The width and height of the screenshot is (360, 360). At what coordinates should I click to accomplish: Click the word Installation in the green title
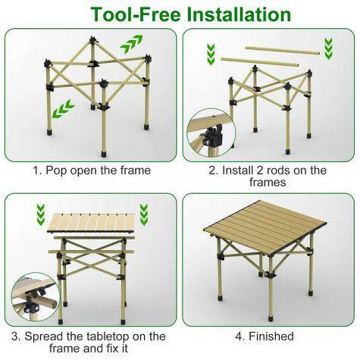click(x=239, y=14)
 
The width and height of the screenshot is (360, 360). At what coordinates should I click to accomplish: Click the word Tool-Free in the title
click(x=136, y=14)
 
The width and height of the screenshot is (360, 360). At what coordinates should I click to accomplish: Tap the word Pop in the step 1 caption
click(x=56, y=171)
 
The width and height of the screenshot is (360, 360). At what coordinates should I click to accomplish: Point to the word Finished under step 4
click(x=271, y=337)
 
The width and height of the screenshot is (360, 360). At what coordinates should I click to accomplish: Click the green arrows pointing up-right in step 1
click(x=131, y=44)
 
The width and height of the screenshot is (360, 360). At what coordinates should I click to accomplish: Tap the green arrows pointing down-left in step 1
click(x=63, y=109)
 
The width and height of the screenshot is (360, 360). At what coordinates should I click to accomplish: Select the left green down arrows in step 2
click(x=211, y=54)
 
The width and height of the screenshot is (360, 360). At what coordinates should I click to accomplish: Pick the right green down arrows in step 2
click(x=328, y=49)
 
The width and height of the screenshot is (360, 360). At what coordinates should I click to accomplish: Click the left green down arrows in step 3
click(x=41, y=214)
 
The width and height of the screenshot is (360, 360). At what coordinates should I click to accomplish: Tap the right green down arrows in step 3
click(x=144, y=214)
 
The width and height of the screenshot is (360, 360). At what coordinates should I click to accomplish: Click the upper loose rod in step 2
click(x=283, y=50)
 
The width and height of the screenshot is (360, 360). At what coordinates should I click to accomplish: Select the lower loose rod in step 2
click(x=259, y=62)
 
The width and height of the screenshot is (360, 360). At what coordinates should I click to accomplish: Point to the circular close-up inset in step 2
click(x=211, y=133)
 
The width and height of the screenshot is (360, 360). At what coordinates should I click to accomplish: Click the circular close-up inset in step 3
click(x=35, y=296)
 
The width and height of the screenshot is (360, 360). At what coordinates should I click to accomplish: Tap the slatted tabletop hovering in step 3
click(x=91, y=223)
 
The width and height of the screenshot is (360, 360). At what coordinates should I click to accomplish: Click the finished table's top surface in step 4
click(x=265, y=226)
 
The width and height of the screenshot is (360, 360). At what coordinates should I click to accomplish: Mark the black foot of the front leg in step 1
click(x=104, y=153)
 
